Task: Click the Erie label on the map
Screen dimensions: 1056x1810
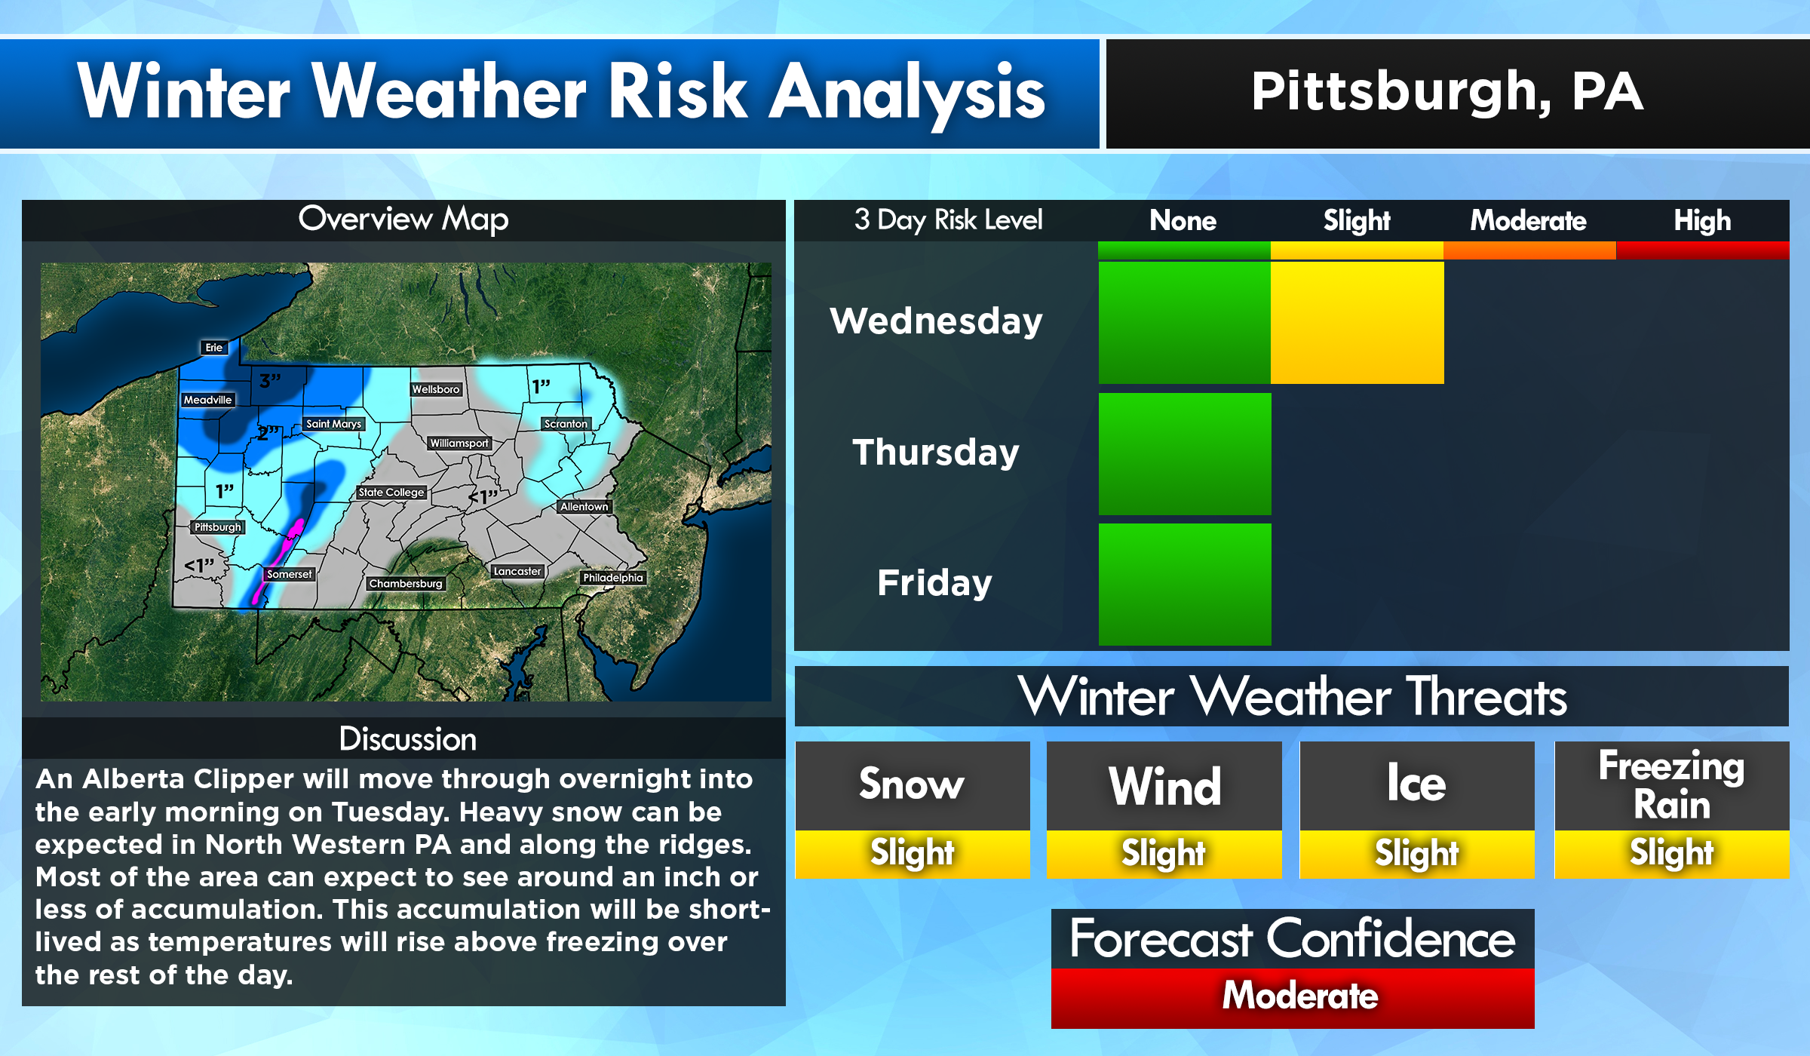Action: tap(214, 348)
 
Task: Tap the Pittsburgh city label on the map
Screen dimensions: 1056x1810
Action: tap(217, 527)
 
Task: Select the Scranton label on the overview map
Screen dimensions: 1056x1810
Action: tap(566, 424)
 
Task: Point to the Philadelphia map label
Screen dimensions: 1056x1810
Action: tap(612, 578)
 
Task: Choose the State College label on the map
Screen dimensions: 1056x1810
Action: tap(391, 493)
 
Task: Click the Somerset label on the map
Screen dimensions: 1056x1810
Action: tap(289, 574)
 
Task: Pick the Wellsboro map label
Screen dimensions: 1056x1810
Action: tap(435, 389)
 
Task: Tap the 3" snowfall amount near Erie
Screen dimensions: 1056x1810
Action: tap(269, 381)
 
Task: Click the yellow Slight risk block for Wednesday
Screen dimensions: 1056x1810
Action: tap(1357, 322)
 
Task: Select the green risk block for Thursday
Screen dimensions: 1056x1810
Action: tap(1184, 453)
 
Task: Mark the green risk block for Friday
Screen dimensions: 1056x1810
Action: tap(1184, 584)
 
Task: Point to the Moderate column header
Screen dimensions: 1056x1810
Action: tap(1528, 221)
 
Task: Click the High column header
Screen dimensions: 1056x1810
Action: tap(1701, 221)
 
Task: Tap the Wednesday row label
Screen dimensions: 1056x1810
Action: tap(936, 321)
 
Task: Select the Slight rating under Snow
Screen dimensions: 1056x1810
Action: tap(912, 854)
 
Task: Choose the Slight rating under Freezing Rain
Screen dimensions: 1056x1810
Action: tap(1671, 854)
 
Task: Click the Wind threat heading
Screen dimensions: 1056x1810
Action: tap(1164, 786)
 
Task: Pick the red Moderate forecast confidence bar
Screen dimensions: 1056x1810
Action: tap(1292, 996)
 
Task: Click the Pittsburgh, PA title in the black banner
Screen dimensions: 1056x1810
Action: tap(1446, 92)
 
